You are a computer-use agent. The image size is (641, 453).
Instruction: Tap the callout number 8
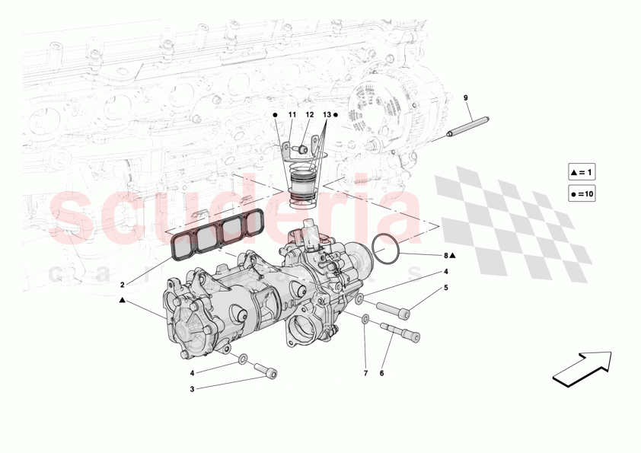point(446,257)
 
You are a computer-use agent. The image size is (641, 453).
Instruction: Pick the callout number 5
point(447,288)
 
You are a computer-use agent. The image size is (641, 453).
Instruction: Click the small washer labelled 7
point(366,319)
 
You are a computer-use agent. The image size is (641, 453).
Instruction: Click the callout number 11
point(292,114)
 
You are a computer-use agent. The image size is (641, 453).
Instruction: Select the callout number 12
point(310,114)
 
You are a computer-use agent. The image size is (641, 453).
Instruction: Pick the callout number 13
point(327,114)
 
